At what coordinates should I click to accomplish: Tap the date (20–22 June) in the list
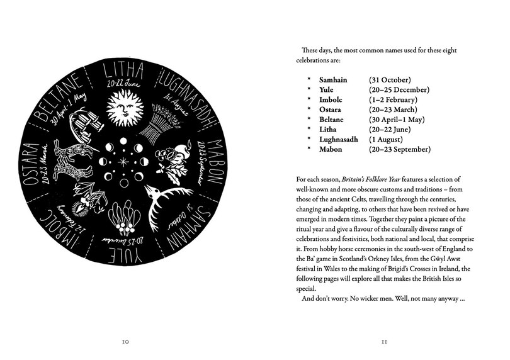click(x=390, y=129)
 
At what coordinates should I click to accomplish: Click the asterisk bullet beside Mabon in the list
click(x=309, y=149)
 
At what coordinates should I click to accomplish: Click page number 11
click(x=385, y=342)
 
